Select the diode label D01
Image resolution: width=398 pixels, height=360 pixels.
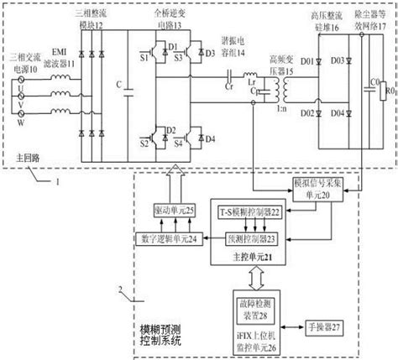(308, 60)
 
